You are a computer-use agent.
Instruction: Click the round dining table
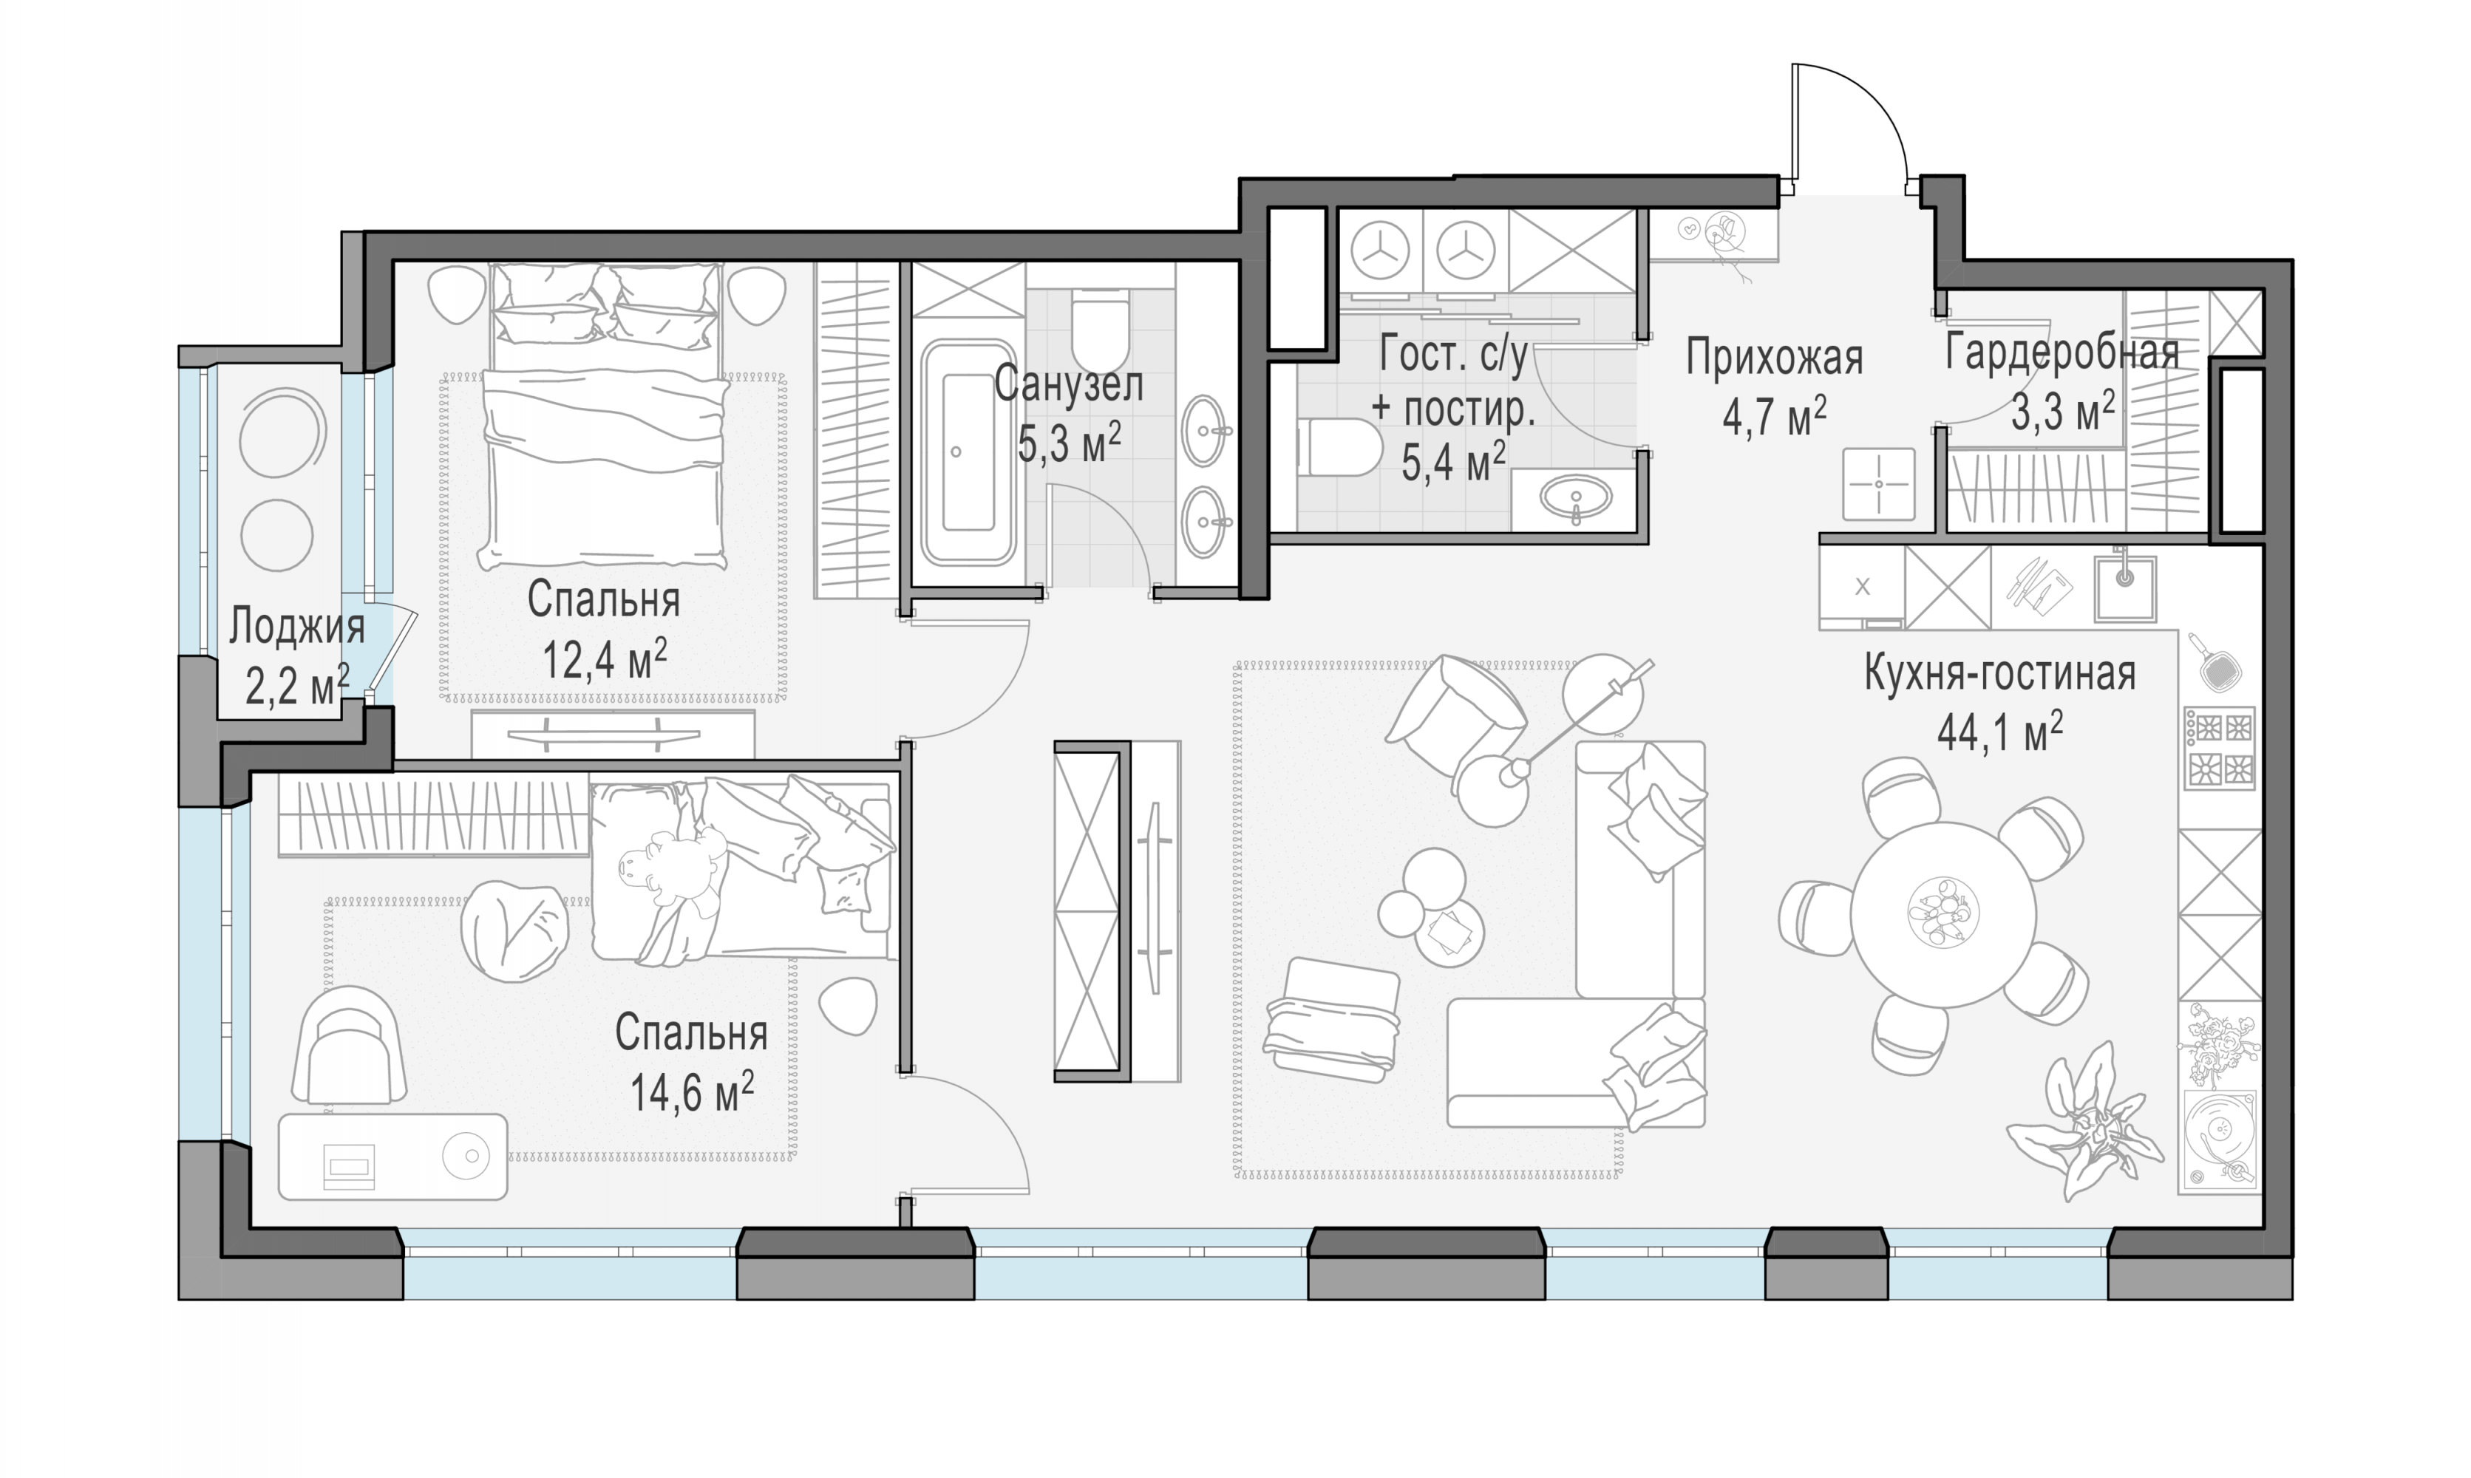point(1943,913)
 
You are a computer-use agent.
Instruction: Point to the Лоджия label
point(297,627)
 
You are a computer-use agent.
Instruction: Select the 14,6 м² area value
point(692,1092)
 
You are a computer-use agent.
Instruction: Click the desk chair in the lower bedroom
point(349,1046)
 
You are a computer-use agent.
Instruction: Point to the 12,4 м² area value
point(605,658)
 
